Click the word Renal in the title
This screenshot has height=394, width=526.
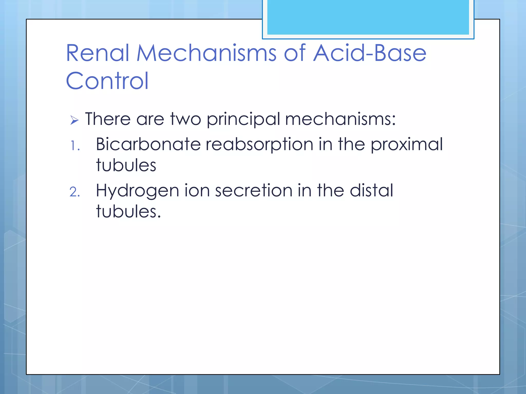point(97,53)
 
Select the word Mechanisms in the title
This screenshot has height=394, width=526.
point(206,53)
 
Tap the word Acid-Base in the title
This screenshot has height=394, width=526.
point(370,53)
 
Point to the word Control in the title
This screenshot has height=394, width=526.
point(107,81)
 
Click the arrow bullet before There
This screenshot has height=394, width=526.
point(74,120)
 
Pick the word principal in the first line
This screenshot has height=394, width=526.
point(243,120)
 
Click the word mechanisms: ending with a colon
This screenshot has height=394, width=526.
point(340,119)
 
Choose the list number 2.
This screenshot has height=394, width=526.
point(75,192)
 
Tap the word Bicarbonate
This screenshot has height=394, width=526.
point(148,144)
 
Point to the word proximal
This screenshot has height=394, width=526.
point(407,145)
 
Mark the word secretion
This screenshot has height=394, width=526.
point(254,191)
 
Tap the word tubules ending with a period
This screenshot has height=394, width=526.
point(128,212)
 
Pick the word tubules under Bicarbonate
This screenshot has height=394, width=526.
point(126,165)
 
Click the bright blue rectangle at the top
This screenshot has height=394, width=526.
point(368,17)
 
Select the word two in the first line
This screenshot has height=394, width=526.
point(185,119)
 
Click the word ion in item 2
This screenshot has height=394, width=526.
point(197,191)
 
